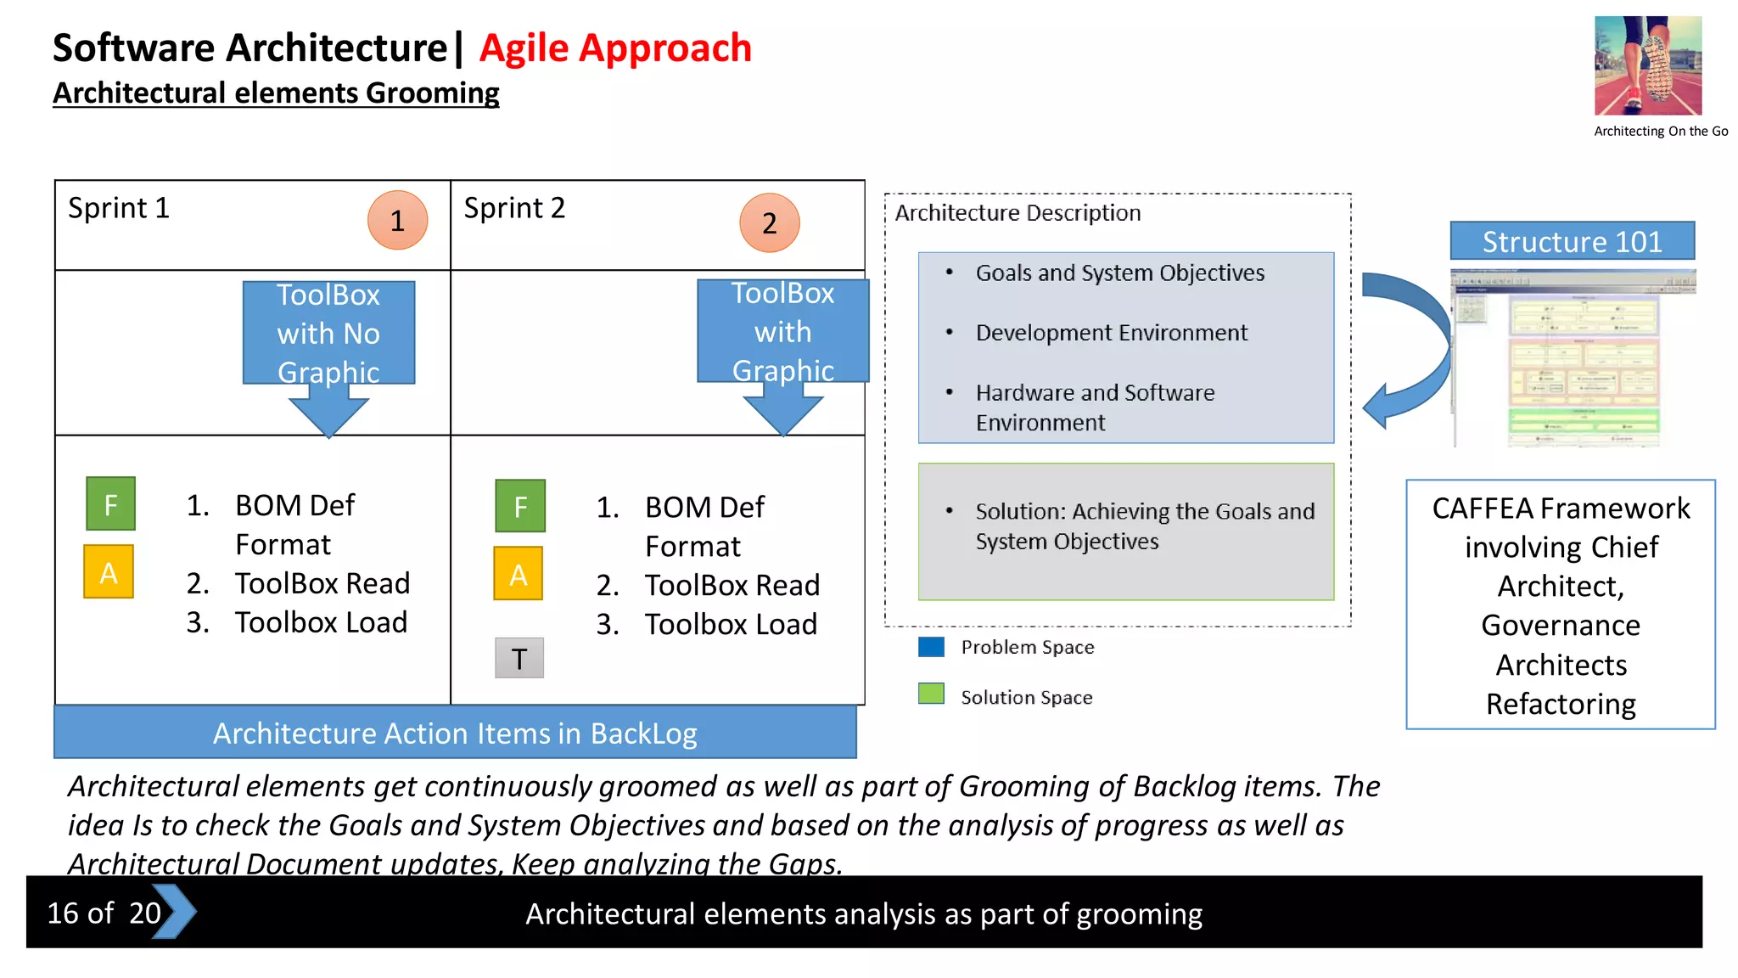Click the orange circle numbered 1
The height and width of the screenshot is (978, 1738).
click(x=397, y=221)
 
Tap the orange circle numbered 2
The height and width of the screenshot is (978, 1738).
click(x=769, y=223)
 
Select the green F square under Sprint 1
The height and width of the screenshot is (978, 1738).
click(x=110, y=504)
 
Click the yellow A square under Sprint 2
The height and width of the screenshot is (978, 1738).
click(x=519, y=575)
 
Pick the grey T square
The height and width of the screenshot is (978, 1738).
click(x=519, y=658)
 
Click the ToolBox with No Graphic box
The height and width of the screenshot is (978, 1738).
click(x=328, y=333)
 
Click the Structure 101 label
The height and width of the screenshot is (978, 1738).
click(x=1572, y=242)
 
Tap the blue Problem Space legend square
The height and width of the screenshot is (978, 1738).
click(x=931, y=647)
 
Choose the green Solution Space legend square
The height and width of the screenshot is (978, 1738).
click(x=931, y=694)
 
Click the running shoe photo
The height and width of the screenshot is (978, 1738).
click(x=1647, y=65)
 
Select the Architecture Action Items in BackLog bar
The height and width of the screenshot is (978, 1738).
click(x=455, y=733)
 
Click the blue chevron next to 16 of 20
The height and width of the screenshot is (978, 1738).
click(x=175, y=912)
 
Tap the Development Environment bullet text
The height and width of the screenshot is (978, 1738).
click(x=1111, y=333)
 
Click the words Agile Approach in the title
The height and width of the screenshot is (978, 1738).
click(x=615, y=48)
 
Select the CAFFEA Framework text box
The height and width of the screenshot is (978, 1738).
click(x=1560, y=604)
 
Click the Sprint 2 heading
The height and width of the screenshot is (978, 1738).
click(x=514, y=208)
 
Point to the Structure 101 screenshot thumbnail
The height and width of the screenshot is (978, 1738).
click(x=1573, y=358)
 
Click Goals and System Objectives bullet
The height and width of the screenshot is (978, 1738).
click(x=1119, y=273)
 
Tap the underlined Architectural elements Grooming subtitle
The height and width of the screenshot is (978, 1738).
click(x=276, y=93)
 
